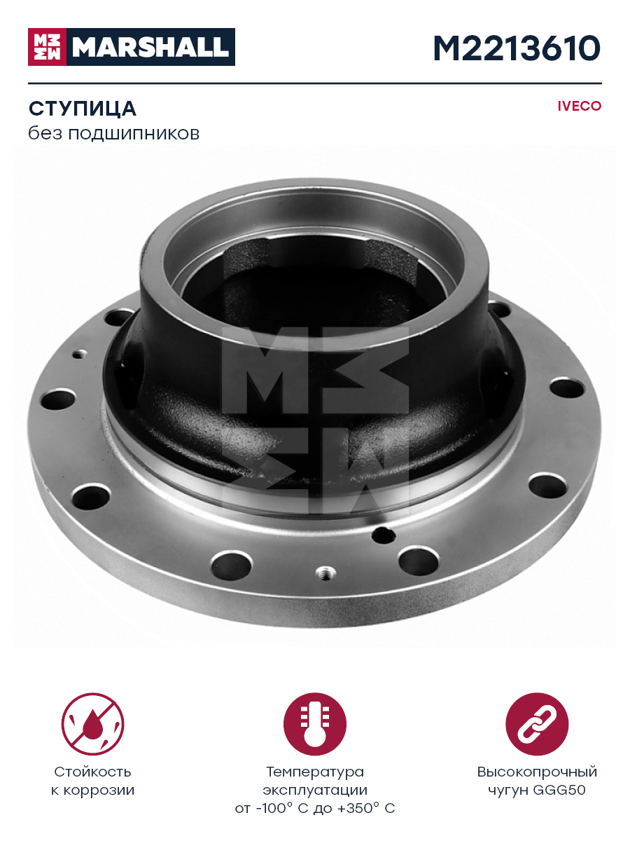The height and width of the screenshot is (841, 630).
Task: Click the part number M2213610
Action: click(517, 48)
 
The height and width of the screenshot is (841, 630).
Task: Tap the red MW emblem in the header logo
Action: click(47, 47)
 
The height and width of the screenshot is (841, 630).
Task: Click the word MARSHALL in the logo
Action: click(150, 47)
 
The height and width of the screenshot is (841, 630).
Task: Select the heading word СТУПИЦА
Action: click(82, 109)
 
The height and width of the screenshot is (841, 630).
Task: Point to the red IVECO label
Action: click(579, 106)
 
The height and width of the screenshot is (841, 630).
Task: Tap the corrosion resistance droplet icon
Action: click(92, 724)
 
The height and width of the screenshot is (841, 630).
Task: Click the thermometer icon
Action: click(315, 724)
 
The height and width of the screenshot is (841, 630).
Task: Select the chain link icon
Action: click(537, 724)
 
